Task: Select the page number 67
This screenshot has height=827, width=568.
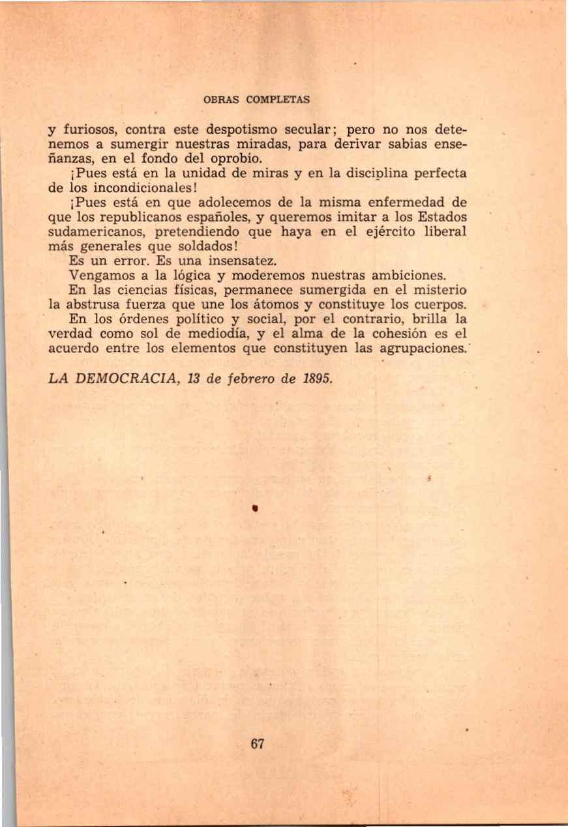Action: tap(257, 744)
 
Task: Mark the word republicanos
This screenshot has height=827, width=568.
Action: tap(139, 216)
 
